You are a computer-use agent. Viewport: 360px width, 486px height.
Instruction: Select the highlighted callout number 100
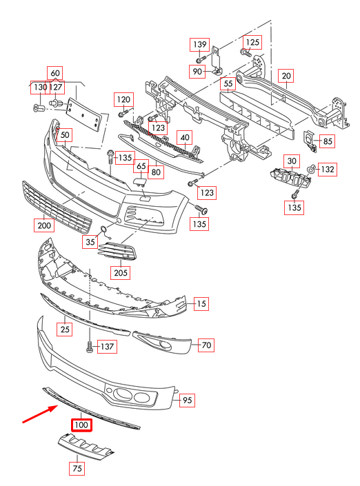pos(81,425)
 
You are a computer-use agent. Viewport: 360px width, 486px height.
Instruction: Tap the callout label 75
pos(77,469)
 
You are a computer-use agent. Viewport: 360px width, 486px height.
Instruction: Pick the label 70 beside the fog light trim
pos(206,345)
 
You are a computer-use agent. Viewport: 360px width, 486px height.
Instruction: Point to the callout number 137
pos(107,346)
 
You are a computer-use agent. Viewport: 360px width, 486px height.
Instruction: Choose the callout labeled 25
pos(65,330)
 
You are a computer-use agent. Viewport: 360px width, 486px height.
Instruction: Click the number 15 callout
pos(201,303)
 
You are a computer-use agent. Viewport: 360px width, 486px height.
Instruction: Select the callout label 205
pos(121,272)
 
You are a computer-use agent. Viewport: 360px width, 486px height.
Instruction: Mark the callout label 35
pos(90,242)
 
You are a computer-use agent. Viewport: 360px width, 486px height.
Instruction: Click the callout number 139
pos(199,45)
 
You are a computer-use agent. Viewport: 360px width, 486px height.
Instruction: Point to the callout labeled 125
pos(253,42)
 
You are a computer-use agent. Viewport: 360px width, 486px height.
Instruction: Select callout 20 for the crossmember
pos(286,75)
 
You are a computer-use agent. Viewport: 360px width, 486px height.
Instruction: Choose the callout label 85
pos(327,142)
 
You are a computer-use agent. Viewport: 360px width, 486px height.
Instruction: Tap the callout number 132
pos(327,169)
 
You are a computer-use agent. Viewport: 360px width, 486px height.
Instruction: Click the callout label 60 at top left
pos(54,73)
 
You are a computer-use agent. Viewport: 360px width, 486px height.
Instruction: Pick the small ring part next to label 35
pos(102,231)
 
